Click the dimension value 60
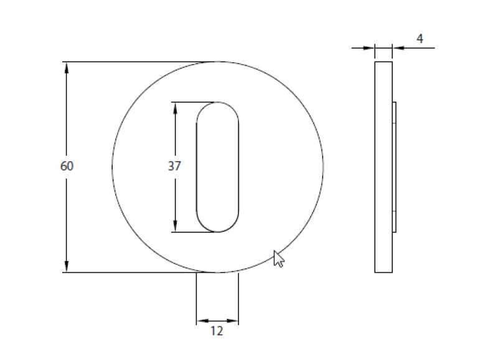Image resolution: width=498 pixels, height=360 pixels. tap(67, 166)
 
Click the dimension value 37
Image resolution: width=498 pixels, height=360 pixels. tap(174, 166)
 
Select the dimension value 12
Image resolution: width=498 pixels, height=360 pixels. tap(217, 331)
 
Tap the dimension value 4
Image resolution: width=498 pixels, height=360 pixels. tap(420, 39)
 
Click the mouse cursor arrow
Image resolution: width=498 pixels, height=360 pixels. tap(278, 258)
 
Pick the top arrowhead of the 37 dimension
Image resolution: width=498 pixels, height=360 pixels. tap(175, 108)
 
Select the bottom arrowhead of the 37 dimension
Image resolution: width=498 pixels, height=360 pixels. tap(175, 226)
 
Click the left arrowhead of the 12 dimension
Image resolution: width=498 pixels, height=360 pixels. tap(201, 321)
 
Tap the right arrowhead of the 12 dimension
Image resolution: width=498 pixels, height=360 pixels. tap(233, 321)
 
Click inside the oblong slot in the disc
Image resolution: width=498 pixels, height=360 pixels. tap(217, 167)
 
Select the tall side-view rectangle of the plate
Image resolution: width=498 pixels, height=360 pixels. tap(383, 167)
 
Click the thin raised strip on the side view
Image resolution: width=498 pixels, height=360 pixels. tap(394, 167)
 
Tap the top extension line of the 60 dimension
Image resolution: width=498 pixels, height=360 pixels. tap(137, 62)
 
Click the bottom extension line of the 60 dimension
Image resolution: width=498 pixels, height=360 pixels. tap(137, 272)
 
